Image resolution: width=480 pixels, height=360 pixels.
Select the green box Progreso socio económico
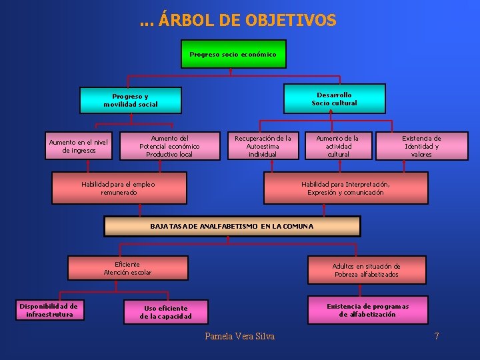(x=233, y=54)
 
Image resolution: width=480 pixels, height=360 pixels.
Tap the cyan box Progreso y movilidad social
(x=131, y=101)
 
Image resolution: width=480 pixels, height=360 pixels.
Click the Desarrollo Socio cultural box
(x=334, y=99)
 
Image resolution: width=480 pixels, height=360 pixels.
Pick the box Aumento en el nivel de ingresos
(x=79, y=146)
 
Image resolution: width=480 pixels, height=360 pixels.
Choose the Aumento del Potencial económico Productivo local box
(x=169, y=146)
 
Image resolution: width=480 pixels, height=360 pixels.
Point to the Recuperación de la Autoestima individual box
(x=262, y=146)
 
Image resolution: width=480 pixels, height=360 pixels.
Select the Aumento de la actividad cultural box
(x=337, y=146)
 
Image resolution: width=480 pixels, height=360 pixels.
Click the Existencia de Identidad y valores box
(x=421, y=146)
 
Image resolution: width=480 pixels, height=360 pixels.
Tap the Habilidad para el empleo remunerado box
(x=119, y=188)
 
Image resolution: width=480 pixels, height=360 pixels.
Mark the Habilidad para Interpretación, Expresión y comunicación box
(x=345, y=188)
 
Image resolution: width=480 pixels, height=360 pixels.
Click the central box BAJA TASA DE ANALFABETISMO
(x=232, y=227)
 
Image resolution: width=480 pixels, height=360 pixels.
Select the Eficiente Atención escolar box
(x=127, y=268)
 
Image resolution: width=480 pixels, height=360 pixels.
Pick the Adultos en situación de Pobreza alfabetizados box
(x=366, y=270)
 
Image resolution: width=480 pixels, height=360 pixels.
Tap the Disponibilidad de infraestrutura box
(x=49, y=311)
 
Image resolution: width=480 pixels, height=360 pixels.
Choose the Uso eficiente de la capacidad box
(x=165, y=312)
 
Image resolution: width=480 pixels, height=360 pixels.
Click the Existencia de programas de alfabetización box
(x=367, y=310)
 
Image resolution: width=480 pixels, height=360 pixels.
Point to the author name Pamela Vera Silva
(x=240, y=336)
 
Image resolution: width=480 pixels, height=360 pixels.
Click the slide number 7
(x=437, y=336)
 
